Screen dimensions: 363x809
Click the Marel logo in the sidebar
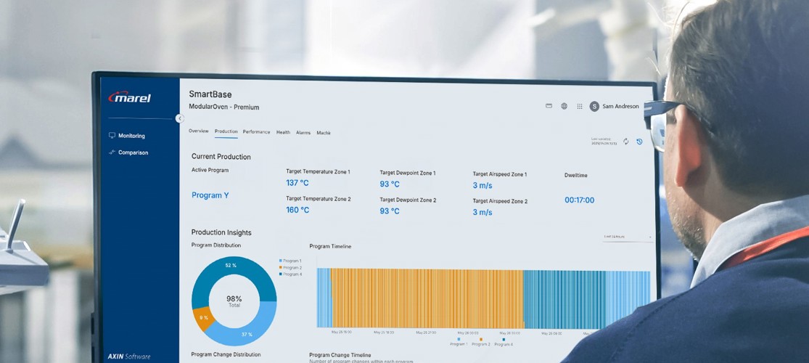pos(130,97)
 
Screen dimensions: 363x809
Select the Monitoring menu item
pos(131,136)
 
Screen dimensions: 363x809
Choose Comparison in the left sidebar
pos(133,152)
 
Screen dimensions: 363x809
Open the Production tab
pos(226,131)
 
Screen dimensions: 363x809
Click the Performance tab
pos(256,132)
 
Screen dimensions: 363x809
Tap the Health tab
pos(283,132)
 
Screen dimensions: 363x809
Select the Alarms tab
pos(303,133)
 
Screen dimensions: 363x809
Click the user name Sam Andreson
pos(620,107)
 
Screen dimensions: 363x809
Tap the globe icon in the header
pos(564,106)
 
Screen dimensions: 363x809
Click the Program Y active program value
pos(210,195)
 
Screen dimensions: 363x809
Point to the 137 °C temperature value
pos(297,183)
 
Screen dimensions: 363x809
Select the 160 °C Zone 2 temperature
pos(297,210)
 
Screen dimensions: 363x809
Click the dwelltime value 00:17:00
pos(579,200)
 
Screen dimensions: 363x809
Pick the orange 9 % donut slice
pos(203,318)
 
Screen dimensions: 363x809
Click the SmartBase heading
pos(210,94)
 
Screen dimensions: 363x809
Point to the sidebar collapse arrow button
pos(179,118)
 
